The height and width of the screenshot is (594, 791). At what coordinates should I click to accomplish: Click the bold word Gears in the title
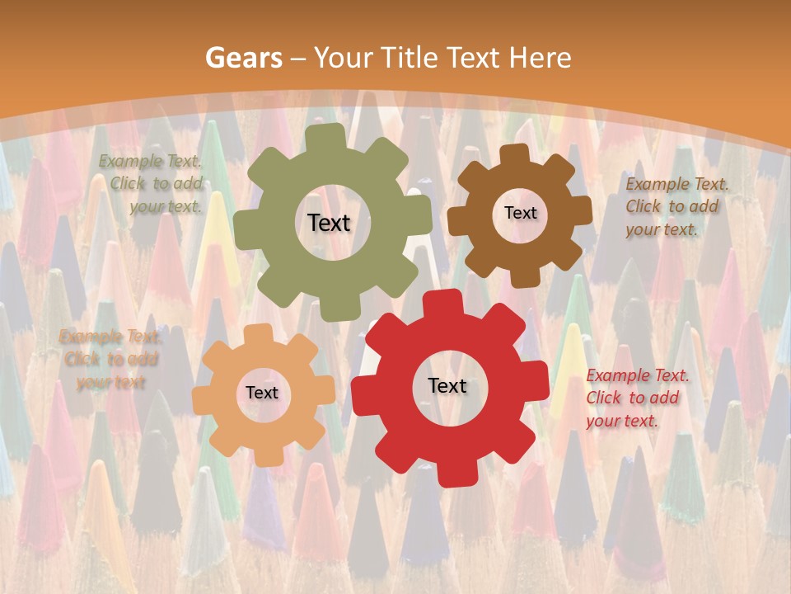pos(242,58)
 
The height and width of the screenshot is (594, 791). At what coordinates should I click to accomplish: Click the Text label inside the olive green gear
pos(329,223)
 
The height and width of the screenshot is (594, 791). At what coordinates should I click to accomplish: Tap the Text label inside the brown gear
pos(520,213)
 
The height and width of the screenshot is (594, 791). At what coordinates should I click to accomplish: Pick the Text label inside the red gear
pos(447,385)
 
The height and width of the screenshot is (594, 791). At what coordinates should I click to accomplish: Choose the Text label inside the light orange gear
pos(262,393)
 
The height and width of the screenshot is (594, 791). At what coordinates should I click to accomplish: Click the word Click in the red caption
pos(604,398)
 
